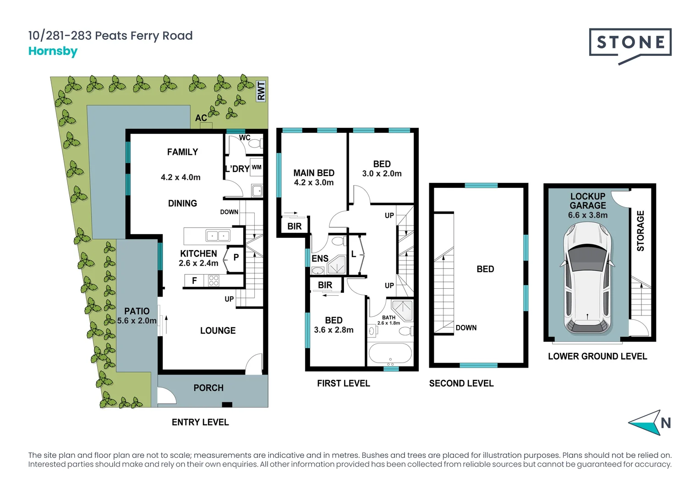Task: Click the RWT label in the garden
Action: tap(261, 91)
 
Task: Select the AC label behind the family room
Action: tap(201, 118)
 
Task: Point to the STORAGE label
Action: tap(640, 231)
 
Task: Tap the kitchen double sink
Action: tap(217, 236)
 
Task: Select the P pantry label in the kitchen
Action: tap(236, 258)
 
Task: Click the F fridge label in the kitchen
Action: tap(194, 280)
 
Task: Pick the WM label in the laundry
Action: tap(257, 167)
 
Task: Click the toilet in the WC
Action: tap(254, 143)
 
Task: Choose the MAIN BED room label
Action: tap(314, 173)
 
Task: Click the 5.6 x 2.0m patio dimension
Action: tap(137, 321)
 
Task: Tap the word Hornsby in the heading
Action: tap(53, 51)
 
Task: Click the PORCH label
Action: tap(208, 388)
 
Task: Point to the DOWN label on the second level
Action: tap(466, 328)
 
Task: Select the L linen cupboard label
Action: tap(354, 254)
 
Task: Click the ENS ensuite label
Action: tap(320, 258)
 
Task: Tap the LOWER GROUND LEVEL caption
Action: tap(597, 356)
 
